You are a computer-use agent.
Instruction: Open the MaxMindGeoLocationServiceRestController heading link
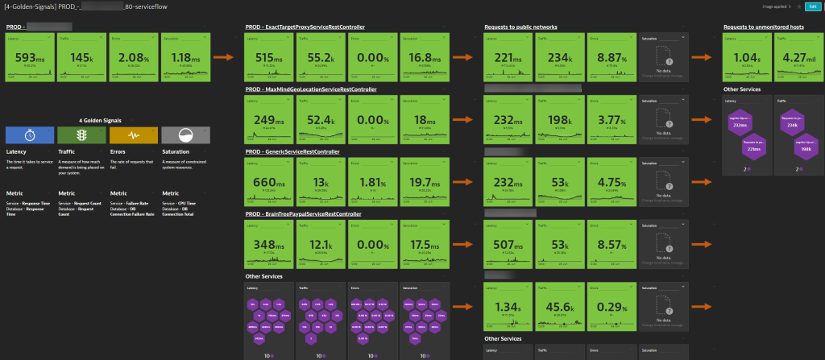click(310, 89)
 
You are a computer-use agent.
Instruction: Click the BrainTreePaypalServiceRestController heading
click(303, 214)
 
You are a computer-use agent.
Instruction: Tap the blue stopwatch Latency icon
click(29, 134)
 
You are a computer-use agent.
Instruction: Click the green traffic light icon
click(81, 134)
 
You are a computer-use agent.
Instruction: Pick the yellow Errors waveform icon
click(133, 134)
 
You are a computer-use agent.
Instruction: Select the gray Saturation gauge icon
click(185, 134)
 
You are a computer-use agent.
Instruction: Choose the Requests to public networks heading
click(520, 27)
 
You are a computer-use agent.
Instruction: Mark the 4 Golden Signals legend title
click(106, 118)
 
